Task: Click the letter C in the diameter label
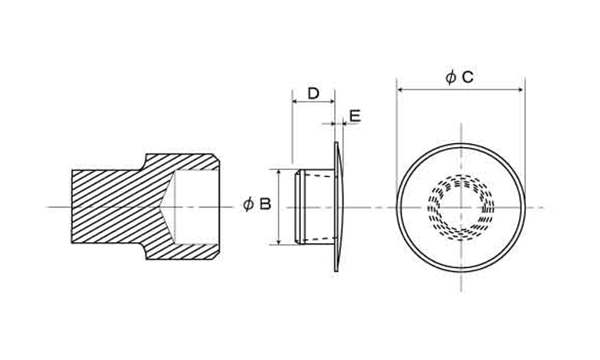coord(468,78)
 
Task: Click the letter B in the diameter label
coord(265,204)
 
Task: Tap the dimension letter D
coord(313,94)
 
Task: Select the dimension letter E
coord(355,116)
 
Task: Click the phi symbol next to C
coord(450,78)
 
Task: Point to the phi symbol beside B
coord(248,204)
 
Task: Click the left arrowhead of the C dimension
coord(400,90)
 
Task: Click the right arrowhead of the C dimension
coord(522,90)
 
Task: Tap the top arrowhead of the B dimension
coord(279,172)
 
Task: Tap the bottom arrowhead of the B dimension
coord(279,242)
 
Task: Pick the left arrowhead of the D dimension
coord(295,102)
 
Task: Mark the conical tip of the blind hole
coord(158,207)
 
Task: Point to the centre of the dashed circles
coord(461,207)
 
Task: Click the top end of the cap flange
coord(336,143)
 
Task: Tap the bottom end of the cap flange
coord(336,270)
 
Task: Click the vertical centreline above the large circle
coord(461,133)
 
